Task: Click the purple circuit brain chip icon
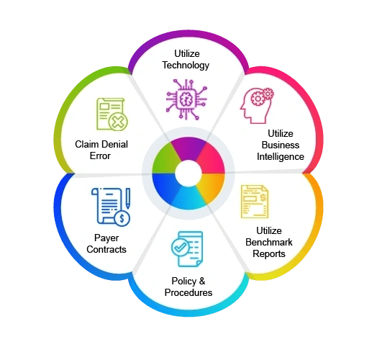pyautogui.click(x=186, y=99)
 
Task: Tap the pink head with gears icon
pyautogui.click(x=257, y=106)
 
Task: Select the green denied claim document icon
pyautogui.click(x=112, y=114)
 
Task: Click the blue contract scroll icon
pyautogui.click(x=111, y=207)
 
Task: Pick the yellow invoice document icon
pyautogui.click(x=255, y=202)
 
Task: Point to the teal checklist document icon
pyautogui.click(x=187, y=249)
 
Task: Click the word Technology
pyautogui.click(x=186, y=66)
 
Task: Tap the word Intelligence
pyautogui.click(x=281, y=157)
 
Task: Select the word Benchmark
pyautogui.click(x=269, y=242)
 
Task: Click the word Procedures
pyautogui.click(x=188, y=292)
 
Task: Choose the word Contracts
pyautogui.click(x=106, y=249)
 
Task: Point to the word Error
pyautogui.click(x=100, y=156)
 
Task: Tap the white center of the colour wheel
pyautogui.click(x=188, y=174)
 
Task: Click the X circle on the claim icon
pyautogui.click(x=118, y=122)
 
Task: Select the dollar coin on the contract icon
pyautogui.click(x=122, y=218)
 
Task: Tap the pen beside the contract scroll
pyautogui.click(x=128, y=198)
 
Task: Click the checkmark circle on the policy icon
pyautogui.click(x=180, y=247)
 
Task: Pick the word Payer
pyautogui.click(x=106, y=238)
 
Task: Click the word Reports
pyautogui.click(x=269, y=254)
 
